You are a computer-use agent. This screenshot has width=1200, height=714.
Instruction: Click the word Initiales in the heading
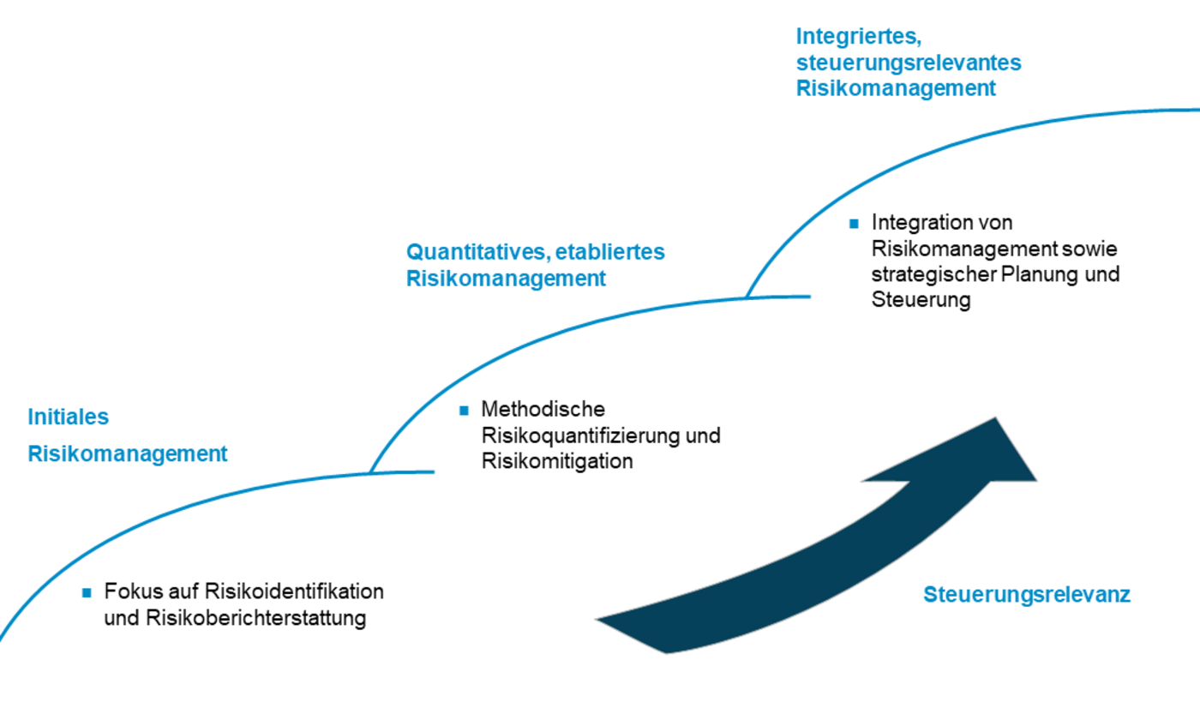tap(69, 417)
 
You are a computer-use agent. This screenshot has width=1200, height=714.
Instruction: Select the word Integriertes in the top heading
tap(857, 36)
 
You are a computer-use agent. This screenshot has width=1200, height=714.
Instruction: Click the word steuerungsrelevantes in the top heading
tap(909, 63)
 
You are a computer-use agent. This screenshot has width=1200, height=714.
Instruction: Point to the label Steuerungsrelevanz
tap(1027, 595)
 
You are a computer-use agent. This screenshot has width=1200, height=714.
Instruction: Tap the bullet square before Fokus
tap(87, 591)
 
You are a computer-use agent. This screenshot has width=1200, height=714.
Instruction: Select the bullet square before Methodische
tap(465, 410)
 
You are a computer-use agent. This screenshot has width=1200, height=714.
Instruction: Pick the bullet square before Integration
tap(854, 223)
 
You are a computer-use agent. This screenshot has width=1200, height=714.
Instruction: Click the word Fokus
tap(129, 591)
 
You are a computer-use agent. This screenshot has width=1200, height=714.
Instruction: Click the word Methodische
tap(543, 409)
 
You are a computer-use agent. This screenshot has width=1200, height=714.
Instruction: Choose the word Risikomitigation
tap(557, 461)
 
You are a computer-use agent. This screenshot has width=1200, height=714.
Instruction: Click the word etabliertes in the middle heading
tap(610, 252)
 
